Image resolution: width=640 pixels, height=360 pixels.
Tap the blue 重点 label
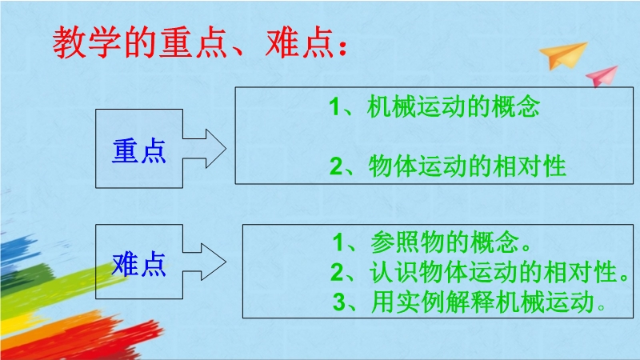point(139,151)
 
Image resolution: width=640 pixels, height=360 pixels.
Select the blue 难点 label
point(139,265)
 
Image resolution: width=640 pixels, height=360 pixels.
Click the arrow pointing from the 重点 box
point(204,149)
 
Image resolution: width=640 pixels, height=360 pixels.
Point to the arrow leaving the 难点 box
point(204,262)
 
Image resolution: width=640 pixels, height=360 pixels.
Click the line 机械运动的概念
point(453,106)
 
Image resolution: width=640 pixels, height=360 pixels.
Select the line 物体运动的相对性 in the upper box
point(467,166)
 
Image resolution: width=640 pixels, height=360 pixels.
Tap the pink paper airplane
point(602,76)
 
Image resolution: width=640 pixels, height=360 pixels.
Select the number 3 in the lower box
point(338,302)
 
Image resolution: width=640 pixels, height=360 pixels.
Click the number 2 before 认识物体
point(337,273)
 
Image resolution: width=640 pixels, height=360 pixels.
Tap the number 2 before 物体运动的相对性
point(336,166)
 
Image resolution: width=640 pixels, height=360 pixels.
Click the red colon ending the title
point(342,47)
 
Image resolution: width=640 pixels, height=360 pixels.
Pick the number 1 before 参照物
point(338,242)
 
